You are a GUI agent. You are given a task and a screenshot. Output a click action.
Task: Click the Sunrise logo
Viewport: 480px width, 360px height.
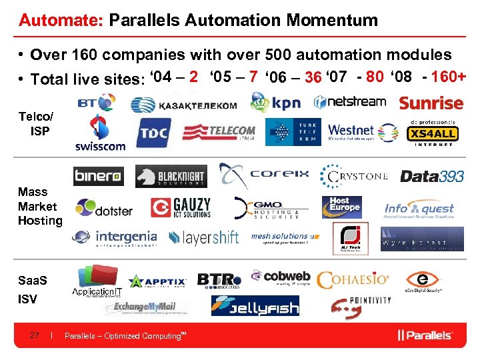tap(431, 103)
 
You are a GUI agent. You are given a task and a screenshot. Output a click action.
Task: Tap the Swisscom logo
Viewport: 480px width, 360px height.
tap(100, 133)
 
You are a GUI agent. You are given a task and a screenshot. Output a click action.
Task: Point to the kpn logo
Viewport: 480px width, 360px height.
tap(275, 103)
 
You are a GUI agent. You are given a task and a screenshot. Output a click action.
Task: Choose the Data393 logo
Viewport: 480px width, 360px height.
tap(432, 176)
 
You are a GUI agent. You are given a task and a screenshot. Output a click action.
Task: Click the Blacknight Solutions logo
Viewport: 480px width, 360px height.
tap(171, 177)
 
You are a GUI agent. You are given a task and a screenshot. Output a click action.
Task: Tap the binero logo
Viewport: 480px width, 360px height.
tap(98, 177)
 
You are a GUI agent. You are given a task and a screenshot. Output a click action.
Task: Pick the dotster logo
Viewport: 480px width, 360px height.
tap(104, 209)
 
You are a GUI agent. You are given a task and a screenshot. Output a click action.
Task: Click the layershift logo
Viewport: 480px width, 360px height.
tap(203, 237)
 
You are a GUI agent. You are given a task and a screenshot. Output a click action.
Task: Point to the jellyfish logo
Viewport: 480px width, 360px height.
tap(255, 305)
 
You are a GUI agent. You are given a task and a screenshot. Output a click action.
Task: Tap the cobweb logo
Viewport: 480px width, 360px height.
tap(281, 277)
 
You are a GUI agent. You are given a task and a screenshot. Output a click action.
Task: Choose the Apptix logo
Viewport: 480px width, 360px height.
tap(157, 281)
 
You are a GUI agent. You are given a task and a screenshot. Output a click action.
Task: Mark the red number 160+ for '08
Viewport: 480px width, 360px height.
tap(449, 76)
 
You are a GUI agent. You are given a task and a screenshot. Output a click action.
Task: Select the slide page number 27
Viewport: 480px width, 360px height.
tap(35, 335)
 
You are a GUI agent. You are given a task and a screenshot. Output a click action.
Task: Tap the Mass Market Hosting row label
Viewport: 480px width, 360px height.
tap(39, 206)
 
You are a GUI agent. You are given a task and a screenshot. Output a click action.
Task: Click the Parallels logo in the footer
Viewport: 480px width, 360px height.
tap(425, 335)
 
